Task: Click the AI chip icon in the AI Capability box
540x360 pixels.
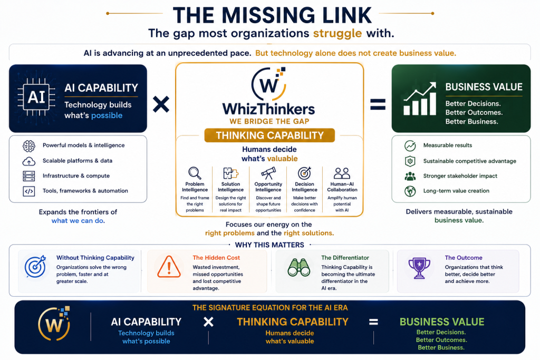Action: [36, 97]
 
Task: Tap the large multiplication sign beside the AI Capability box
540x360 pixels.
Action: [161, 104]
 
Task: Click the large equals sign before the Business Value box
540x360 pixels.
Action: [378, 104]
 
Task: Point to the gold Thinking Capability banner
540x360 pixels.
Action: [269, 135]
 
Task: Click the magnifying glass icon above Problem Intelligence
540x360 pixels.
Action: [195, 173]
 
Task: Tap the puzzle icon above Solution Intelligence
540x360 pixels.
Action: [230, 173]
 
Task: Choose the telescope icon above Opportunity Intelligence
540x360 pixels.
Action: [268, 173]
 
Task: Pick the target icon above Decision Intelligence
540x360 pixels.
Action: [304, 173]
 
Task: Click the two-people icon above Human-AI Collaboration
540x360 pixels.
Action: [342, 173]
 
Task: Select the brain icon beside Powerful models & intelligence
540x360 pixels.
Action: [29, 146]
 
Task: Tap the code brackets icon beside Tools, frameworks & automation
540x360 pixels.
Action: [29, 191]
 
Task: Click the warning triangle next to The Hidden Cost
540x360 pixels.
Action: [169, 267]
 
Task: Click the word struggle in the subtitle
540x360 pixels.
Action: [337, 34]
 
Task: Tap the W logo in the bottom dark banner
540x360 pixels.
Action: [54, 323]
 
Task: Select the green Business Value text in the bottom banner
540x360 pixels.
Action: [442, 322]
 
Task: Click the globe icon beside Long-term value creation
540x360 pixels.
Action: [410, 191]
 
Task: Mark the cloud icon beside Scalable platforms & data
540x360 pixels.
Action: [29, 161]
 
